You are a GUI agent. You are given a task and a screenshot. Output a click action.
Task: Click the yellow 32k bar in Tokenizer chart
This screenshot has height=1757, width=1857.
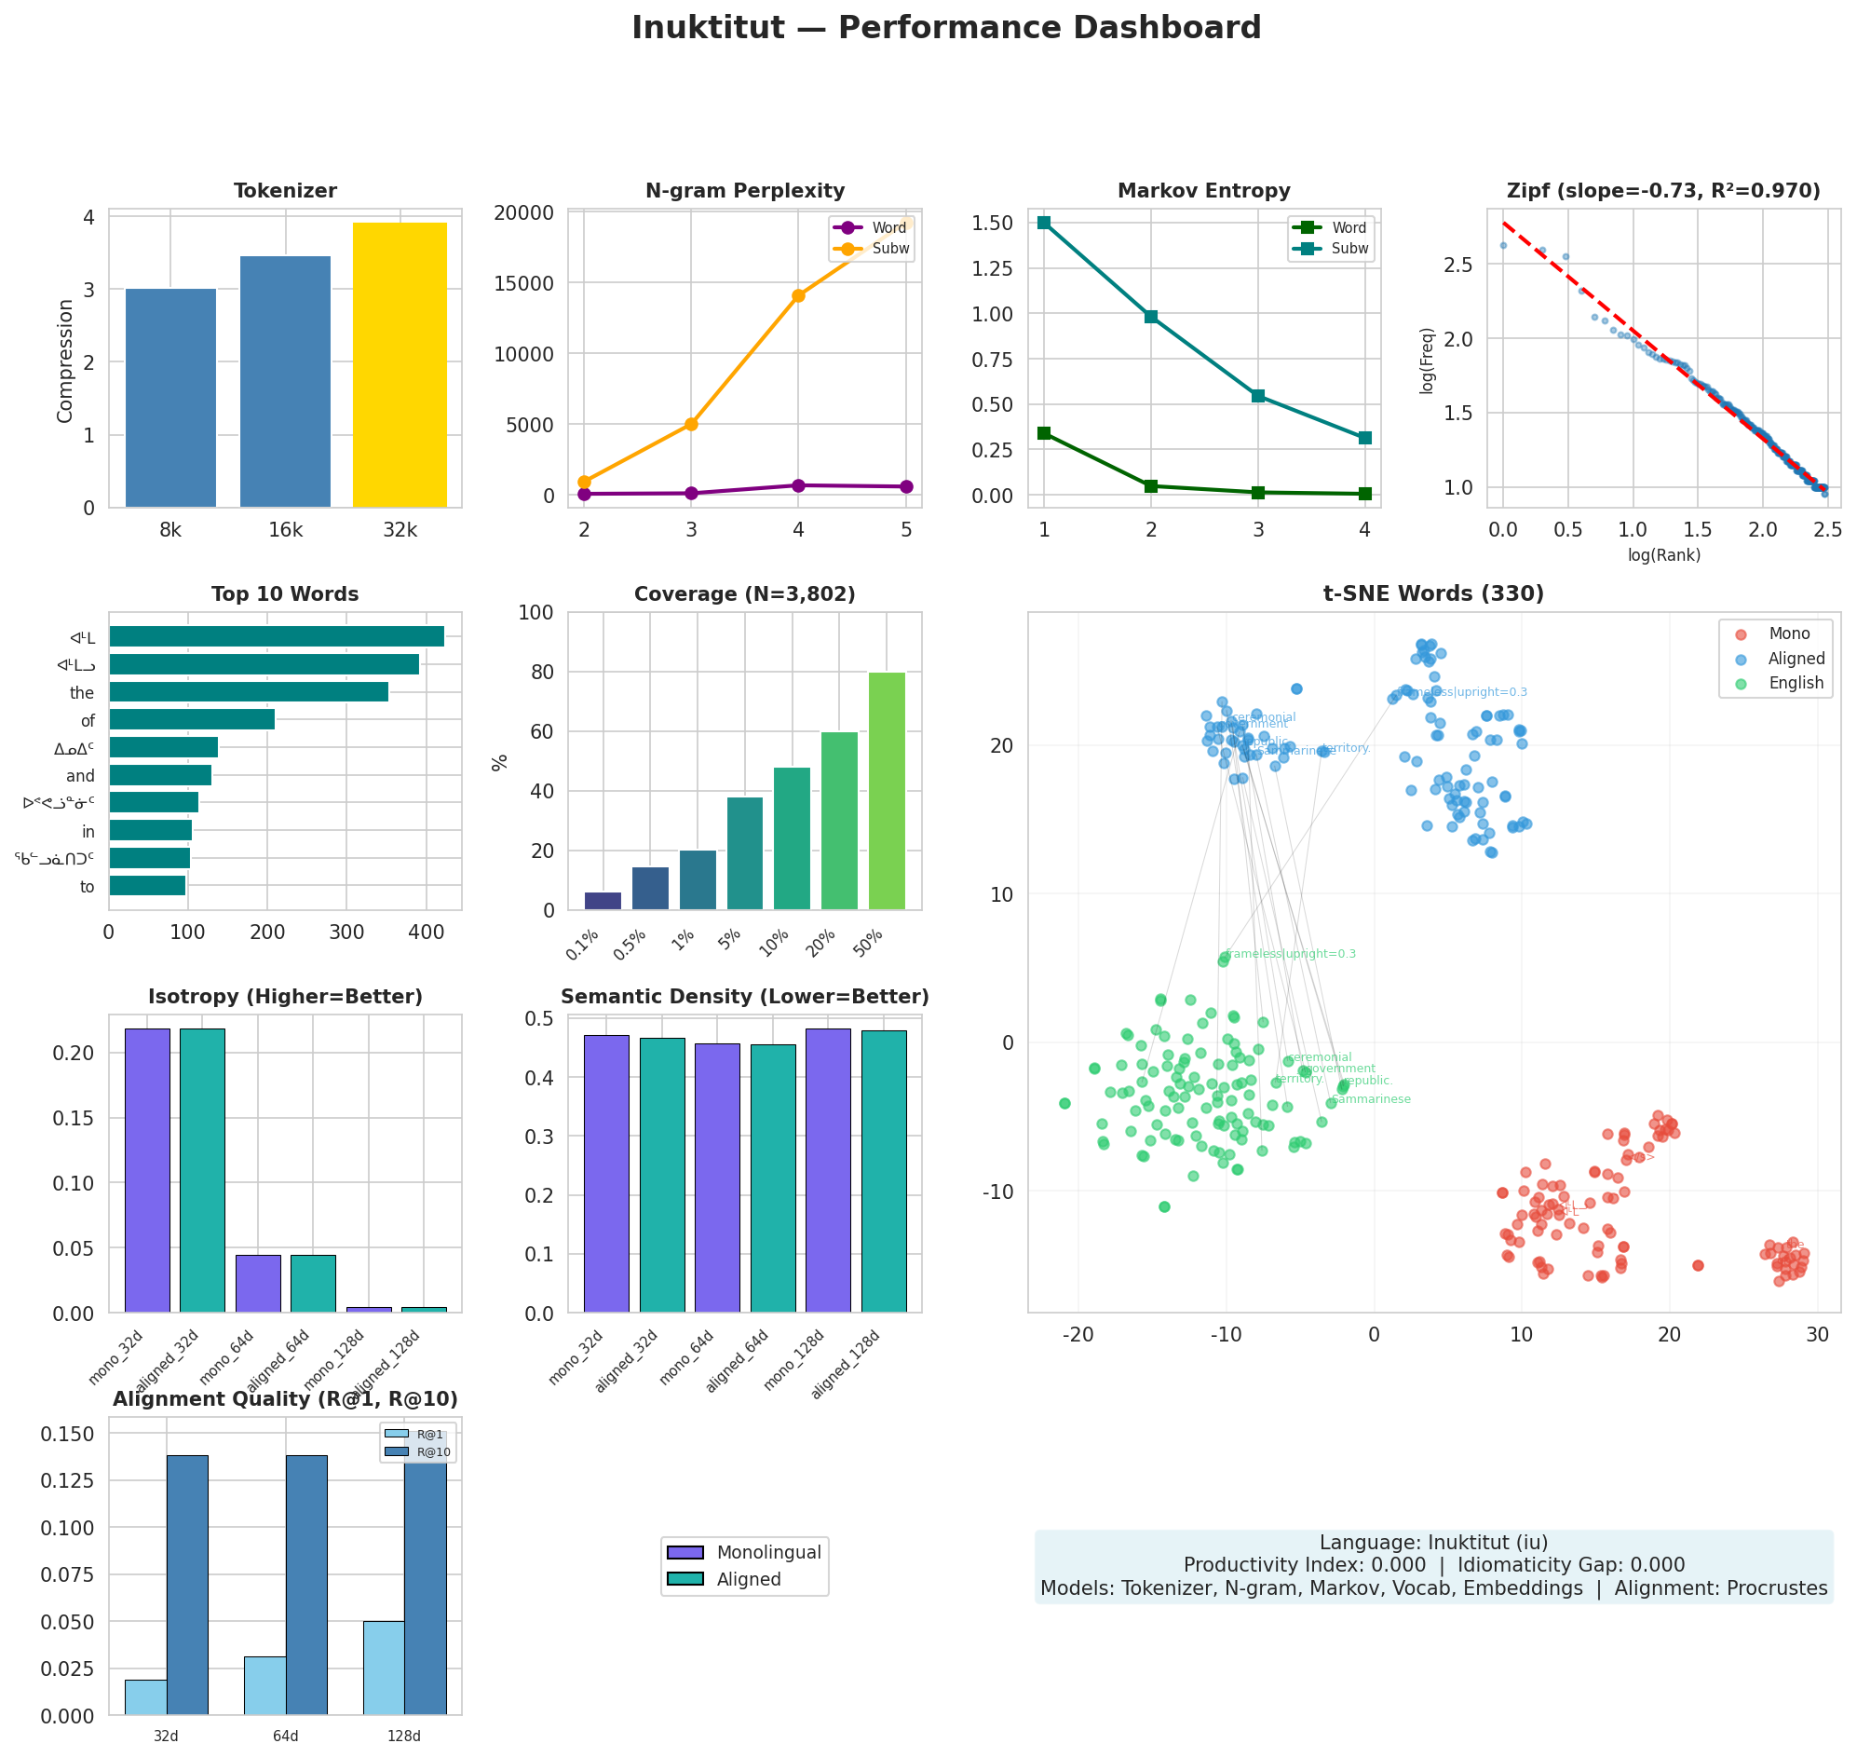[400, 365]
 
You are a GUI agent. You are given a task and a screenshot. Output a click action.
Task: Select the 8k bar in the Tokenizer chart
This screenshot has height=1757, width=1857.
[170, 398]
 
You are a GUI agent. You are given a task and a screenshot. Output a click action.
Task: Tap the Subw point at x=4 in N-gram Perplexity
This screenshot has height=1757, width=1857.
[799, 296]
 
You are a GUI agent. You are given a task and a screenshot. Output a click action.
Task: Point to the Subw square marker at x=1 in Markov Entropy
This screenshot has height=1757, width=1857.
[1044, 223]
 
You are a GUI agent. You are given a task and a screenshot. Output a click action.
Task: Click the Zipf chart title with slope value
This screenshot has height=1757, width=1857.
[1663, 191]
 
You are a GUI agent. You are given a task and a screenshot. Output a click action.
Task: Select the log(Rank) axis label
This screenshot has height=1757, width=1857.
[1663, 555]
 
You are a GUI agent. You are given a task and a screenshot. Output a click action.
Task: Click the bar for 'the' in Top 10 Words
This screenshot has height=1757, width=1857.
[248, 692]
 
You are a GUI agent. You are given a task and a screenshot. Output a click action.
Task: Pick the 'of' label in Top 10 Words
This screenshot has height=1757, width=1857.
[88, 721]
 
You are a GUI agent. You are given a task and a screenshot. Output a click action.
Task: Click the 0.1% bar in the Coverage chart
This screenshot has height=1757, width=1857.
[603, 900]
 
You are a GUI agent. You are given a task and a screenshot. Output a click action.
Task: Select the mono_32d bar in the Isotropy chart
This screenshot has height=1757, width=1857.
[147, 1171]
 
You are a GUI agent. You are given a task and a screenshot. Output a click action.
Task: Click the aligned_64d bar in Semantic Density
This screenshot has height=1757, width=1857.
[774, 1178]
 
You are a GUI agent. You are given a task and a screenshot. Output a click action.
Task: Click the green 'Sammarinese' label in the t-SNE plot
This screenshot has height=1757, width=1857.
[1371, 1099]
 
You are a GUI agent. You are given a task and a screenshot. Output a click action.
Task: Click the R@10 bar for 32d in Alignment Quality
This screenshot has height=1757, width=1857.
[187, 1586]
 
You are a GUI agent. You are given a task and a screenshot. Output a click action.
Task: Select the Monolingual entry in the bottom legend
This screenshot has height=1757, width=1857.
[768, 1553]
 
